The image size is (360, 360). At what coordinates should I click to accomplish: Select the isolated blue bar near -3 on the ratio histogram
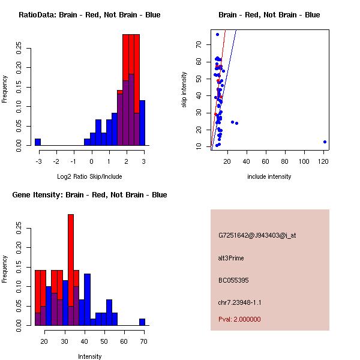pos(37,142)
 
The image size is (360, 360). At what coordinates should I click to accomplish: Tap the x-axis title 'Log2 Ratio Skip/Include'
pos(89,176)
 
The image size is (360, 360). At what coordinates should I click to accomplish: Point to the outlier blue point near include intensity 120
pos(325,142)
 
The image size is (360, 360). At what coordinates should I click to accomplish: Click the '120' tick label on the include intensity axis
pos(324,161)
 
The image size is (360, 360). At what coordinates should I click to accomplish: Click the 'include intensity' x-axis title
pos(269,176)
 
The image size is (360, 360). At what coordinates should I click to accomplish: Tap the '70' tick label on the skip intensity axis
pos(199,44)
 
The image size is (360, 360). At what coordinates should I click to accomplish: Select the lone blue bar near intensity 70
pos(142,322)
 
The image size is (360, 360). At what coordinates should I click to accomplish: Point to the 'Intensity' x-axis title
pos(90,356)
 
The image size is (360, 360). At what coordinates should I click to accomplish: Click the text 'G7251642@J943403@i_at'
pos(257,235)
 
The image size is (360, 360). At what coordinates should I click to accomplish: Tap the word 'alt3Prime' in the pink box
pos(231,258)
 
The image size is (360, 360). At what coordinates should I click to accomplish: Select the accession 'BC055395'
pos(233,280)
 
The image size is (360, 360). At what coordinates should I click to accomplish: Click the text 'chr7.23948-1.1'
pos(239,302)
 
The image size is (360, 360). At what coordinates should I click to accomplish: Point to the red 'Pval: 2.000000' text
pos(239,319)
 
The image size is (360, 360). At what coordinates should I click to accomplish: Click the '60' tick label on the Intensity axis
pos(124,341)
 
